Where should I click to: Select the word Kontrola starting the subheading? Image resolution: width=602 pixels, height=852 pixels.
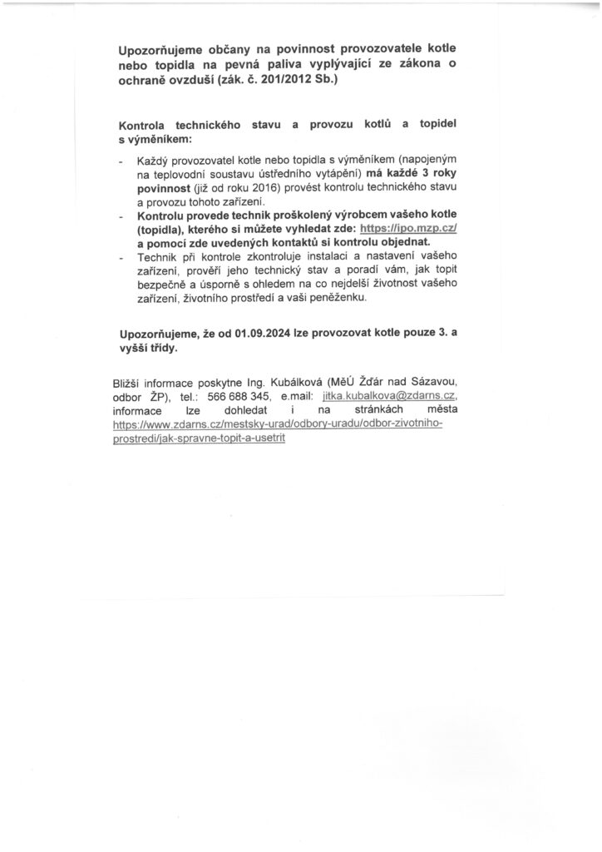click(x=146, y=124)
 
